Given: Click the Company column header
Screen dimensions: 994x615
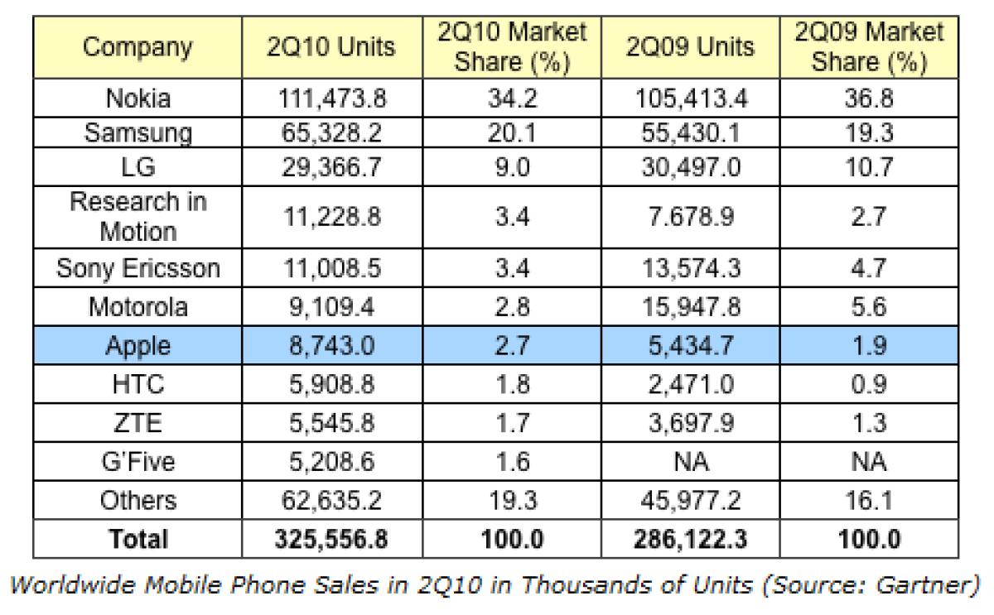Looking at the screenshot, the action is [138, 47].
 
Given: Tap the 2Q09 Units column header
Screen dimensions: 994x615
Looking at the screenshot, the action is [690, 46].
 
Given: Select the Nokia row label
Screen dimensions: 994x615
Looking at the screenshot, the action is [138, 98].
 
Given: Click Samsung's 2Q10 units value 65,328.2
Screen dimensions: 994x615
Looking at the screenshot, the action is [331, 132].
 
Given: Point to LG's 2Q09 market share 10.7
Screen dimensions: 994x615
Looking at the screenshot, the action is [869, 167].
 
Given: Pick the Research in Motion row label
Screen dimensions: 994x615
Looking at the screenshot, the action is [138, 217].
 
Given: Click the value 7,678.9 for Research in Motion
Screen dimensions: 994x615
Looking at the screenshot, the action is [691, 217].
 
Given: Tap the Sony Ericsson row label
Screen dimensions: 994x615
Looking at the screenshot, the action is [138, 268].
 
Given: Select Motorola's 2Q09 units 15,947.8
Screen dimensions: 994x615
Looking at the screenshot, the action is [692, 307].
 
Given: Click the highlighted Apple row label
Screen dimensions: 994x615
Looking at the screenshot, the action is [138, 346].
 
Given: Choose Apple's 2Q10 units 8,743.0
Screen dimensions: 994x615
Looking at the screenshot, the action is [332, 345].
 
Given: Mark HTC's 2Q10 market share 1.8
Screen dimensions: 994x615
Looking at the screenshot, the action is [512, 384].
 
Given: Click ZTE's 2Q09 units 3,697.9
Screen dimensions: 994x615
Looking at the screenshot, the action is [692, 423].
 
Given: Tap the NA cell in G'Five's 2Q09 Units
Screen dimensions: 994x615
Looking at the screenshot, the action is [691, 462].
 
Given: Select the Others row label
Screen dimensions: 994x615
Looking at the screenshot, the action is [138, 500].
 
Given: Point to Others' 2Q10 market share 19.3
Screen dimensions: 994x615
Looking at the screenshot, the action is [513, 500].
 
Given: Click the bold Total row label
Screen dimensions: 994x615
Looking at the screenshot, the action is [138, 539].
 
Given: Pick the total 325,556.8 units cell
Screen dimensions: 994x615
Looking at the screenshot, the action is [331, 539].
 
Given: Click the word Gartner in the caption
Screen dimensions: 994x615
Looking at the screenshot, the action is [924, 585].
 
